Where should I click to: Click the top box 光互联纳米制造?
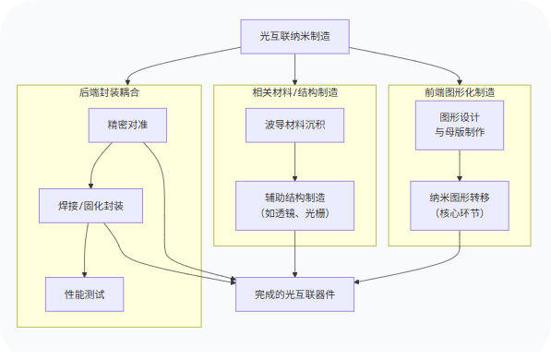tap(294, 36)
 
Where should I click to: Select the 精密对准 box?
tap(127, 125)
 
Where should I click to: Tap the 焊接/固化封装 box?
tap(90, 205)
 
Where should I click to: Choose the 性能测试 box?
tap(84, 294)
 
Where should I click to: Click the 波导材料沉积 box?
tap(294, 125)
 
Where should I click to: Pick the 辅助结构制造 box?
tap(294, 204)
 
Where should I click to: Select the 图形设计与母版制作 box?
tap(460, 125)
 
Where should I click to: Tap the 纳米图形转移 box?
tap(460, 204)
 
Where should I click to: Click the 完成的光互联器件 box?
tap(294, 294)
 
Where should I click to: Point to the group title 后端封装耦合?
tap(109, 92)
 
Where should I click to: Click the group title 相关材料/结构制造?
tap(294, 92)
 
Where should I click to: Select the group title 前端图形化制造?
tap(460, 92)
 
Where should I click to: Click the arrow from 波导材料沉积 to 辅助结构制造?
tap(294, 161)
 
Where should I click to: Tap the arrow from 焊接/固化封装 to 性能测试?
tap(86, 249)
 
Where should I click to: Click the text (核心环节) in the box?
tap(460, 213)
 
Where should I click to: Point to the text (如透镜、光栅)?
tap(294, 213)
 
